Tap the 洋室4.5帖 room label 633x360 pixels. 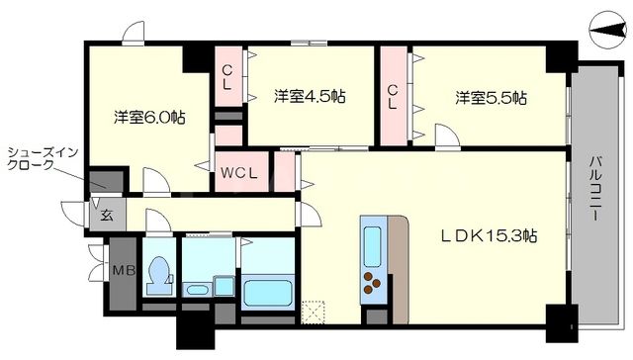pos(309,97)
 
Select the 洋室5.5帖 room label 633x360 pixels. pos(491,98)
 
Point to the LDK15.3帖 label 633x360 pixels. pos(489,236)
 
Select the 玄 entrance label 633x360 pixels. pos(104,211)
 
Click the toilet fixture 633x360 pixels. pos(158,272)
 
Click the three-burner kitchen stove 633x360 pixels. pos(373,286)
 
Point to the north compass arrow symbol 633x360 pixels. pos(606,32)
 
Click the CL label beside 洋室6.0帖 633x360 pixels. pos(227,78)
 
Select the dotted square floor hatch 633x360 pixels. pos(314,312)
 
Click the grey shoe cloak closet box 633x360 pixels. pos(104,181)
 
